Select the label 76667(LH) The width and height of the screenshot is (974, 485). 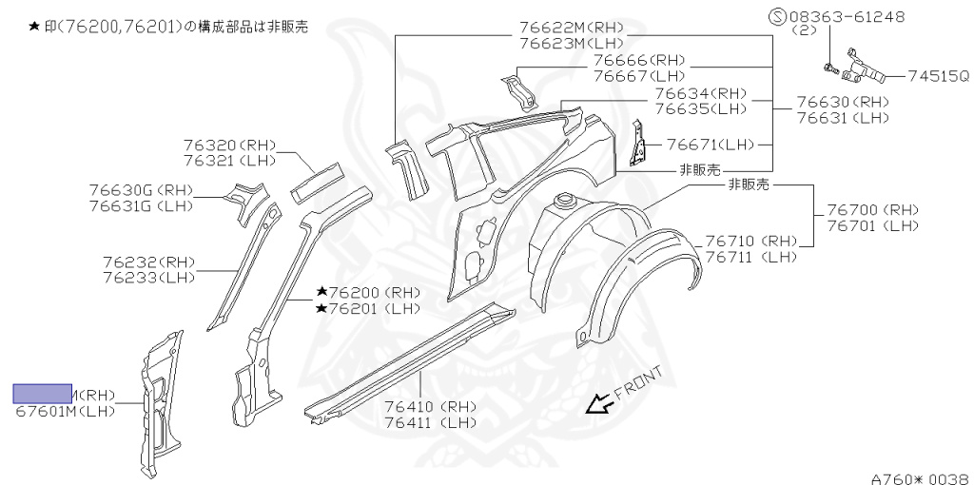(x=639, y=75)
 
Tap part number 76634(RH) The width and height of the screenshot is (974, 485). (x=701, y=93)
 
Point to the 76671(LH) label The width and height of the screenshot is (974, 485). (x=711, y=145)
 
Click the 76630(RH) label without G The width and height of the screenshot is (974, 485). (x=843, y=103)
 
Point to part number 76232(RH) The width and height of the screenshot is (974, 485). (x=148, y=262)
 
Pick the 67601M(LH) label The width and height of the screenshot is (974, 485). (x=66, y=411)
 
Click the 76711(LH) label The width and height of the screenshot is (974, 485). (x=750, y=257)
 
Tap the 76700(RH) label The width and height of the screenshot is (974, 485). (x=873, y=209)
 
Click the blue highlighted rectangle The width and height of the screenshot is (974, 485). (x=42, y=394)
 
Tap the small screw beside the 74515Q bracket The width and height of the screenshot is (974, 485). (x=828, y=68)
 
